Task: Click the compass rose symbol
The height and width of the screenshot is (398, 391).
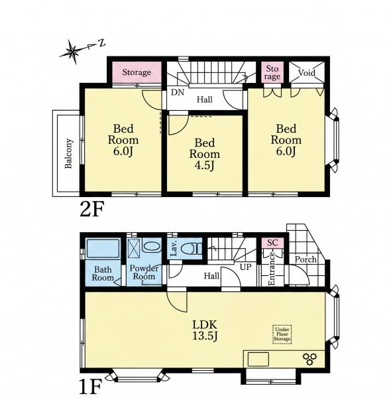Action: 73,52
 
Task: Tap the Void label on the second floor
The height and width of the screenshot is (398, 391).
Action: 307,73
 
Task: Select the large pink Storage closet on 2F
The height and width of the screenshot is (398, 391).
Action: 137,72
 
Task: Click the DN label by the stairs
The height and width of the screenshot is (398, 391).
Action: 178,92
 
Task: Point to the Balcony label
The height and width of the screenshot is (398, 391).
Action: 68,153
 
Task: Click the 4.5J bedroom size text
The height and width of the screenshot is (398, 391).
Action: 205,165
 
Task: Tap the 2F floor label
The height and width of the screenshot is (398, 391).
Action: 92,209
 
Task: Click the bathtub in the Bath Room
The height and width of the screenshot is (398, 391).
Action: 103,249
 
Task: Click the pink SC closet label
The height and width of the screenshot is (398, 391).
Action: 272,242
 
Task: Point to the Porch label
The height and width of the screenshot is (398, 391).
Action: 306,259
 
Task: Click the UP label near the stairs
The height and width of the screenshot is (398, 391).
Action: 246,267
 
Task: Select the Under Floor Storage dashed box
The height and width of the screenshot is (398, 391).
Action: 282,334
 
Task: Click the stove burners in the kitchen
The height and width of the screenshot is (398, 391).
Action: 310,359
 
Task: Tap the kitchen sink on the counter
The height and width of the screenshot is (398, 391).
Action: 258,359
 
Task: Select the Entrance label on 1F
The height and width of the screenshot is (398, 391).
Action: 271,268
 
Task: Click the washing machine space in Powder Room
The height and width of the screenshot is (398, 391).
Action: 134,248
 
